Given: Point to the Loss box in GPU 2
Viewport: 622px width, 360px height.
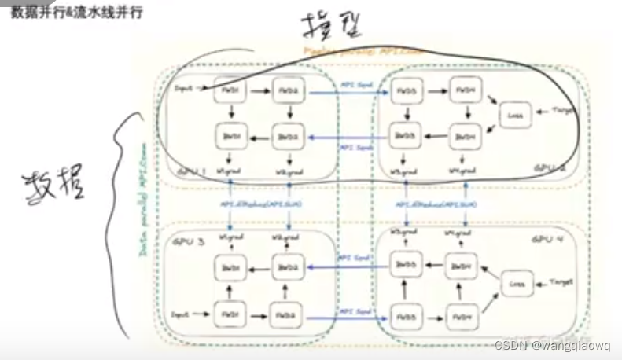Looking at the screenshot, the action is [516, 116].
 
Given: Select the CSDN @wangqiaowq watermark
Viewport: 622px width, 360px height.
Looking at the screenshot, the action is [554, 345].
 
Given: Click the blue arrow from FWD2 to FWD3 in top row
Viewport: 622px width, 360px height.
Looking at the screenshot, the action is [346, 94].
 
